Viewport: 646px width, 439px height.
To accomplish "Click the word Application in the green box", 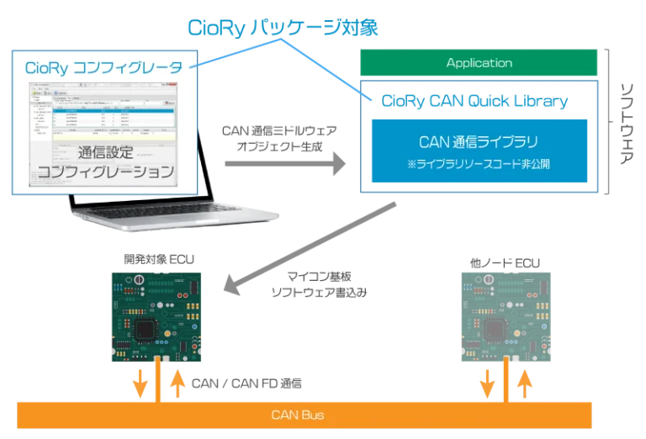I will tap(479, 63).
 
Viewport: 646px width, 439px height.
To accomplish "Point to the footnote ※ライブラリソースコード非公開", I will tap(479, 162).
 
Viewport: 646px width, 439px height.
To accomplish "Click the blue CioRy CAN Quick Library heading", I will tap(474, 101).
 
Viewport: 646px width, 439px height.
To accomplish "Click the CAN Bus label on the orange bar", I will tap(299, 415).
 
